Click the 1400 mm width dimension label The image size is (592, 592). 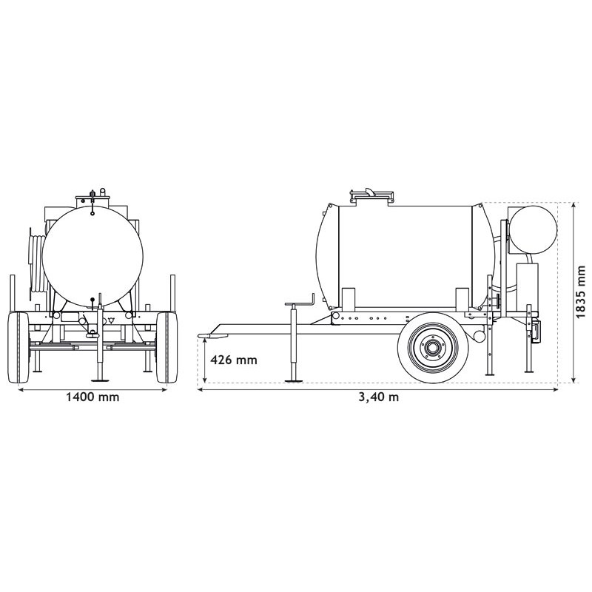pyautogui.click(x=92, y=397)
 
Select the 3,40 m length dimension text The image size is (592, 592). pyautogui.click(x=378, y=397)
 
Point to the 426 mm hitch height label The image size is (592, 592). pyautogui.click(x=234, y=360)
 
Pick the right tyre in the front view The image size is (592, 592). pyautogui.click(x=167, y=346)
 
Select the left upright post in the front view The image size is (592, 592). pyautogui.click(x=13, y=292)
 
